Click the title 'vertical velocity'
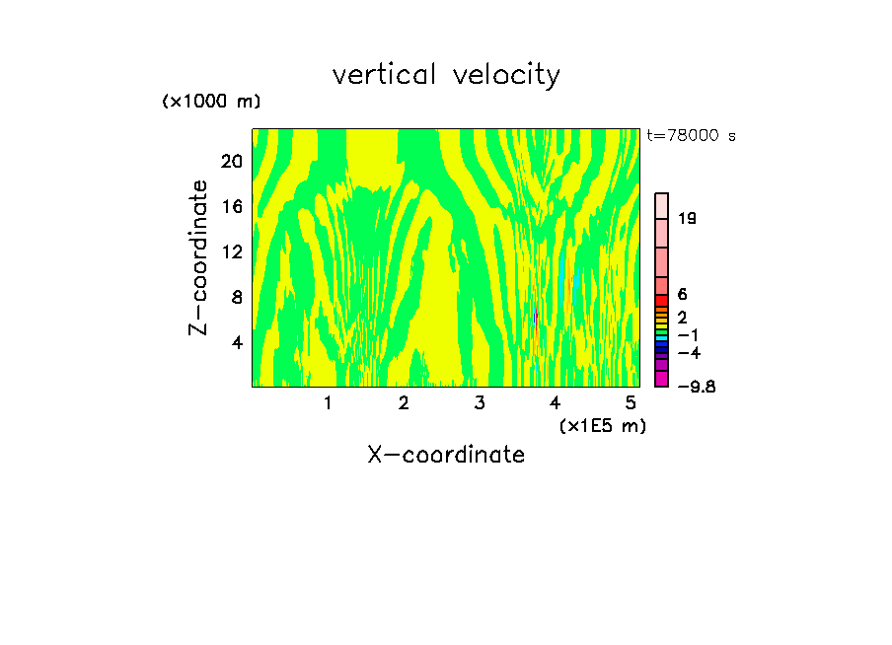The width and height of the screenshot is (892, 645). (x=446, y=75)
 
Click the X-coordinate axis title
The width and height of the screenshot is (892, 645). (x=446, y=455)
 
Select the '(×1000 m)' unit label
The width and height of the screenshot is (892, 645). (x=210, y=103)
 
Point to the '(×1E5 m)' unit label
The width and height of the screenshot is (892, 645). (x=602, y=425)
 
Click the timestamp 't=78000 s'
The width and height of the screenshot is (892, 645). (x=691, y=136)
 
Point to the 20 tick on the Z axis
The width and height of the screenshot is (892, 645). (x=232, y=161)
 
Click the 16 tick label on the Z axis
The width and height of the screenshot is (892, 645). (x=232, y=206)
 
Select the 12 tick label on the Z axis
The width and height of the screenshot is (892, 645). (x=232, y=251)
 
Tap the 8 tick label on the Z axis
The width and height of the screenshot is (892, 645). (x=237, y=297)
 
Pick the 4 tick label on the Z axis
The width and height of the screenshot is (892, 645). (x=237, y=342)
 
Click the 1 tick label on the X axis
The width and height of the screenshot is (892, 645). (x=328, y=402)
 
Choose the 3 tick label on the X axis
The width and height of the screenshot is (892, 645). (x=480, y=402)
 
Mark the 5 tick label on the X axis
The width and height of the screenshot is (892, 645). (x=631, y=402)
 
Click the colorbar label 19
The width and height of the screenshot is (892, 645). (x=687, y=218)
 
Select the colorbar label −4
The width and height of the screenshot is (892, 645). (x=689, y=352)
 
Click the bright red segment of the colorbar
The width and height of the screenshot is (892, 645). (x=662, y=301)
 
